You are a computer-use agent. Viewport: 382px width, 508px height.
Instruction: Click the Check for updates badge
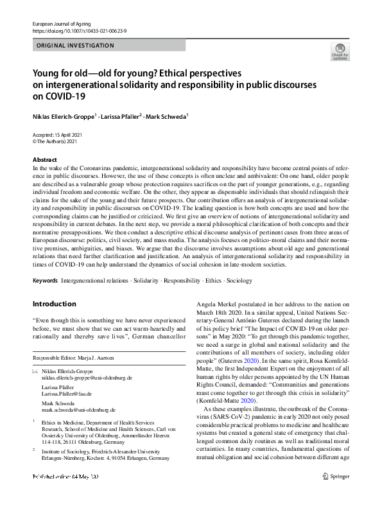[x=340, y=52]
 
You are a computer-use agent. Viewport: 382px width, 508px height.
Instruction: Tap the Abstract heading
[x=44, y=159]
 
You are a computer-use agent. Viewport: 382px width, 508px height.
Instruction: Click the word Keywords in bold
[x=45, y=281]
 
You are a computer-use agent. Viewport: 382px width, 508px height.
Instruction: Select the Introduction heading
[x=54, y=304]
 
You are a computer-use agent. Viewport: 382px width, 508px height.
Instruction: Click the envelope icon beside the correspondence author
[x=35, y=372]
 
